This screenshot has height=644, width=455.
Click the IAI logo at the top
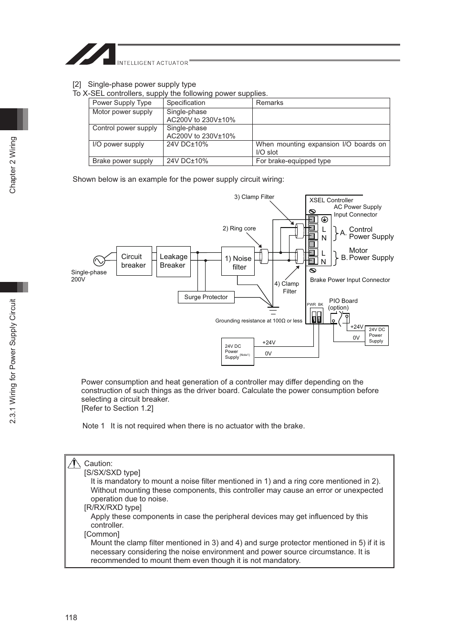coord(90,54)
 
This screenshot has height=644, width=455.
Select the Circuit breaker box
coord(134,261)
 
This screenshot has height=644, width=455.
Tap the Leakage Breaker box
coord(173,261)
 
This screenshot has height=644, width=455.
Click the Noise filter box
coord(238,261)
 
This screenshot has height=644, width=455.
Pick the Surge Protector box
coord(206,297)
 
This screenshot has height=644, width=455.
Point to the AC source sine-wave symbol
coord(99,261)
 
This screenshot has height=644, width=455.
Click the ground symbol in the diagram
coord(273,310)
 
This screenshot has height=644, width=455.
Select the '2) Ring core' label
coord(239,229)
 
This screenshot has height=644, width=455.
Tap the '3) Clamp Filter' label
coord(254,197)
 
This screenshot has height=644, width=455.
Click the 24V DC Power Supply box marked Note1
coord(238,352)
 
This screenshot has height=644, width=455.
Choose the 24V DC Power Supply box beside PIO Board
coord(376,335)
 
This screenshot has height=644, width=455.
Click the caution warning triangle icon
coord(74,463)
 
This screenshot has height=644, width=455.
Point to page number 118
coord(71,617)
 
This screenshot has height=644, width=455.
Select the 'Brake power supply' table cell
coord(123,161)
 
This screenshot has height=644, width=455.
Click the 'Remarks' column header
coord(269,103)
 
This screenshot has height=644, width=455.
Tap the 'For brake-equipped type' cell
coord(293,161)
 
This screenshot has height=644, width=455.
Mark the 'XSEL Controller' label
coord(331,200)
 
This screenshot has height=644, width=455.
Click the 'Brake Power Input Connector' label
coord(350,280)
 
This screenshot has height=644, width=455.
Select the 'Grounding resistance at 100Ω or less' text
coord(259,321)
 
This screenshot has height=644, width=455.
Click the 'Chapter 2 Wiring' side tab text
coord(13,165)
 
